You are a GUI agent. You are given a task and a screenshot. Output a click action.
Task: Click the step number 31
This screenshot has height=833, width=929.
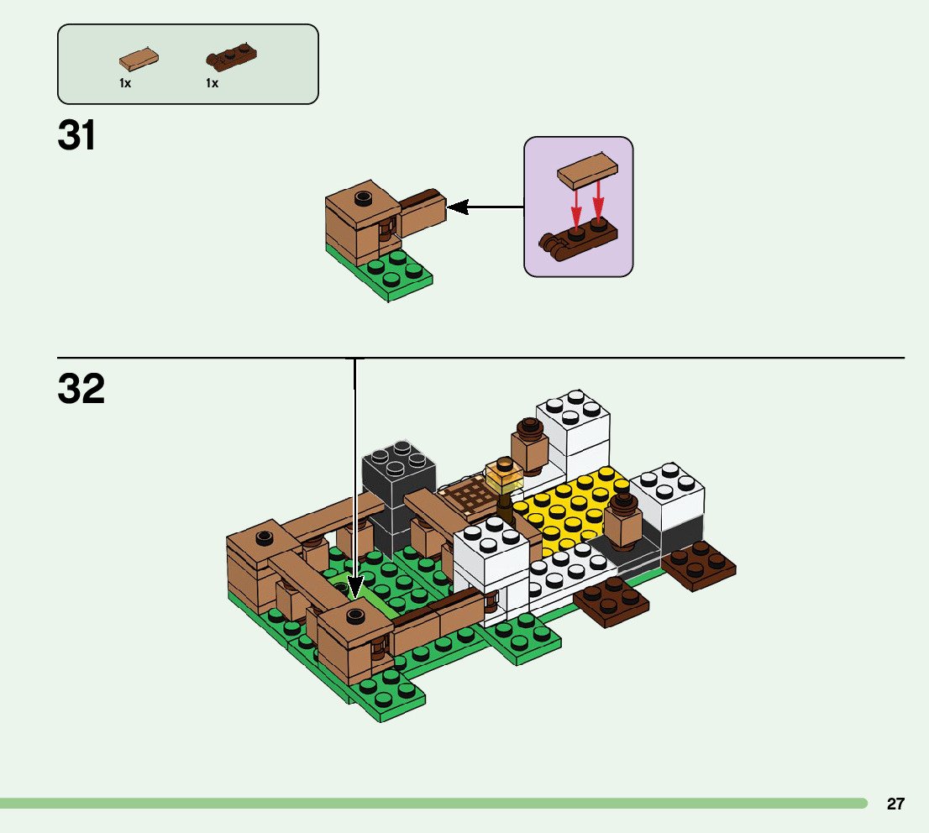click(x=76, y=136)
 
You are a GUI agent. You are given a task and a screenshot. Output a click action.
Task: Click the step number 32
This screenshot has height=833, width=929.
click(x=81, y=389)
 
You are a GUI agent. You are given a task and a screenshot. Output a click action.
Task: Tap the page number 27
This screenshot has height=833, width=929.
click(x=895, y=804)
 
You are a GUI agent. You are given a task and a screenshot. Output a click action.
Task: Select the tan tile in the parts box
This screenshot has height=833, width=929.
click(x=139, y=59)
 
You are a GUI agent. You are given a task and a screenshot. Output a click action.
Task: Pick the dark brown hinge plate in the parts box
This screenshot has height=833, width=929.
click(x=231, y=57)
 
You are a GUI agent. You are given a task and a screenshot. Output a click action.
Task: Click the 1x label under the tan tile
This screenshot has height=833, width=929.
click(x=125, y=83)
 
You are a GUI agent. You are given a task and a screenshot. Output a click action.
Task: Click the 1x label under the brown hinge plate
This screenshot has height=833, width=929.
click(x=212, y=83)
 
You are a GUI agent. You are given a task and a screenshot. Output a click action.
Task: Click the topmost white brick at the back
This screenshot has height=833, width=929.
click(x=574, y=412)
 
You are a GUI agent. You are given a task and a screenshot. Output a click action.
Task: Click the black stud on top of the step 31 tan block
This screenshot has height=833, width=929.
click(x=363, y=198)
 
